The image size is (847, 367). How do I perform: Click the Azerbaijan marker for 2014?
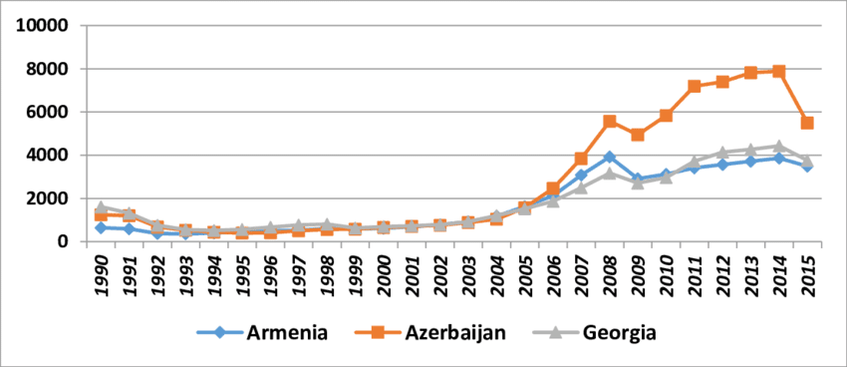(778, 72)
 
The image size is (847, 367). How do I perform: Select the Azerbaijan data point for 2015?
(807, 123)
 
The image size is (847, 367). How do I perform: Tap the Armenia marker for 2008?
(609, 158)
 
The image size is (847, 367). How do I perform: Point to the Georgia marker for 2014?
(778, 147)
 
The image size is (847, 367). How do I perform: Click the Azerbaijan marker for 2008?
(609, 122)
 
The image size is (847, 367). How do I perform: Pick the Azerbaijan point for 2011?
(694, 87)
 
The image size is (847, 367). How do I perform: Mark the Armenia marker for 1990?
(101, 227)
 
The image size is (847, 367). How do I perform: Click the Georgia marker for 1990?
(101, 208)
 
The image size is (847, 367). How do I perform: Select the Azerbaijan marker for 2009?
(638, 135)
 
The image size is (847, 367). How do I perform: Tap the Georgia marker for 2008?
(609, 174)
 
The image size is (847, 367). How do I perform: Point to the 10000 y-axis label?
(43, 25)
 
